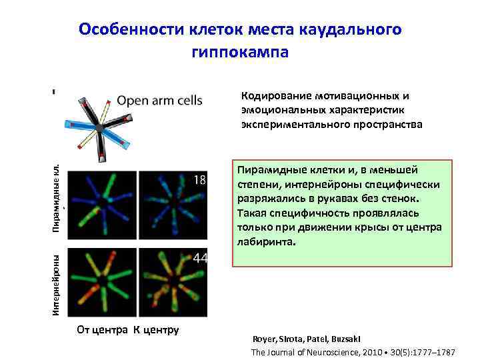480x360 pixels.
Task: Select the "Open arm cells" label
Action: tap(159, 101)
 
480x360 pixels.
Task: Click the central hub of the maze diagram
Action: tap(99, 126)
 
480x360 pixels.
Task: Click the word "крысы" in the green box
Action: tap(369, 227)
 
